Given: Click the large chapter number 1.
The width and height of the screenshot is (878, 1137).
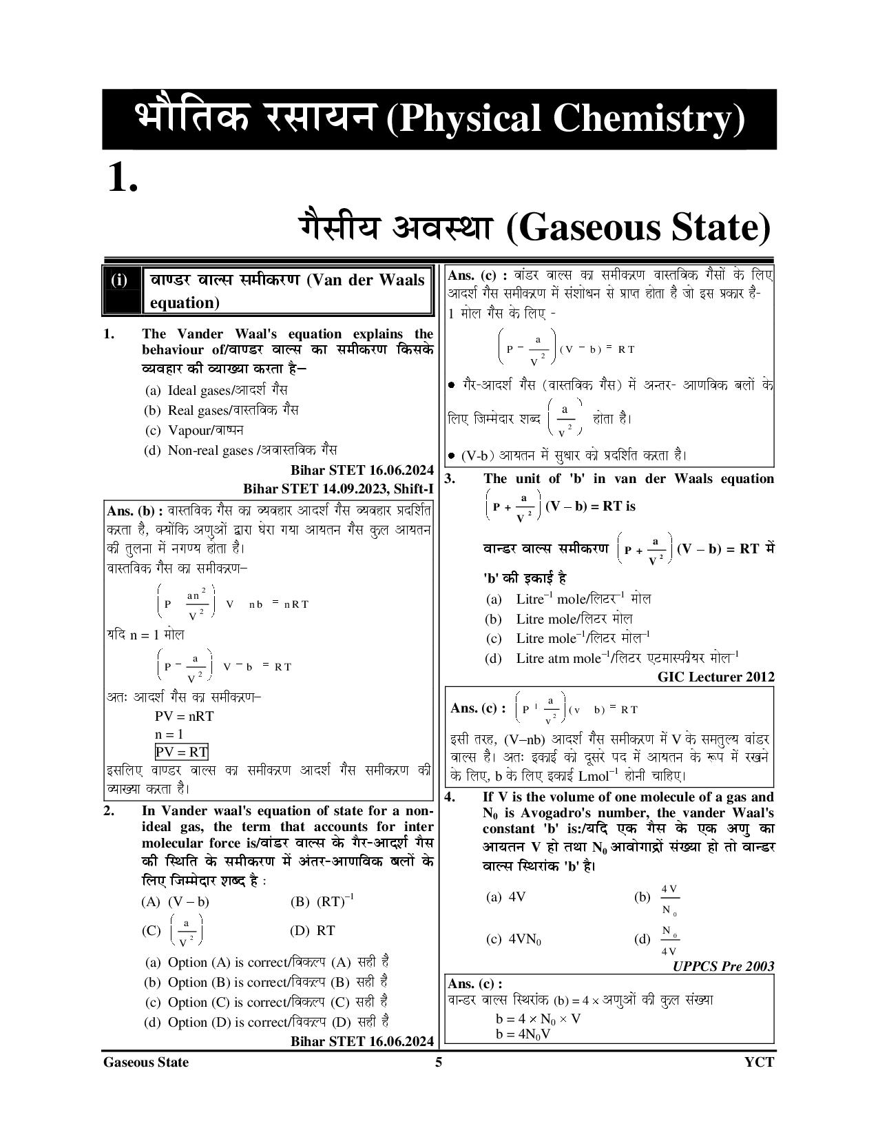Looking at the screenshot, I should (123, 178).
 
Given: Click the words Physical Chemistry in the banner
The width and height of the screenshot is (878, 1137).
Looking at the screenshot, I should (565, 119).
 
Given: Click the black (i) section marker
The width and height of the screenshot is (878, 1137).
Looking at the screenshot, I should (120, 280).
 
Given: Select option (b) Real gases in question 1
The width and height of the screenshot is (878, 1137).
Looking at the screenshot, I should (221, 410).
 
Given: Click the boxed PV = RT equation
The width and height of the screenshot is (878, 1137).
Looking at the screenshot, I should (181, 752).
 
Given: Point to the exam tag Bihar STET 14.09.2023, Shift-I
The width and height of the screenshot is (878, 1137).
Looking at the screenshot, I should (338, 489).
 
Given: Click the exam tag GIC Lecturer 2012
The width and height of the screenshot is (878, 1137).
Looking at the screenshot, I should (715, 677).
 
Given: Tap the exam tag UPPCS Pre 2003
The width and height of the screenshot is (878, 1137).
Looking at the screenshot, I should (723, 966).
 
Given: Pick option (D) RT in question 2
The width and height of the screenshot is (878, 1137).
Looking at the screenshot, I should (313, 930).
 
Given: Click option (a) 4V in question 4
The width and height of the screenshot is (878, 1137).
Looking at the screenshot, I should (506, 897).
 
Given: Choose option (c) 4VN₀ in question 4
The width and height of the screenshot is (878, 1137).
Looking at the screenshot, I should (514, 939).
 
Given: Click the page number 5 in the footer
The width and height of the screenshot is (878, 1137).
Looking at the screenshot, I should (439, 1062).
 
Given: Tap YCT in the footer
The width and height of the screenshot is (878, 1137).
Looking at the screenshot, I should (759, 1062).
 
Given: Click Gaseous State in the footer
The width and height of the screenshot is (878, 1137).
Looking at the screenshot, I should (145, 1062).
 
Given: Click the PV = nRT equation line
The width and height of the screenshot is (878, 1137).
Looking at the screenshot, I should (184, 716).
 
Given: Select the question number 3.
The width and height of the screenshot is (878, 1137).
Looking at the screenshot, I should (450, 479).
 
